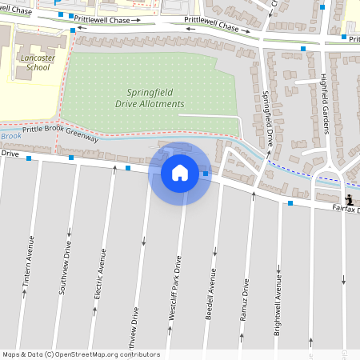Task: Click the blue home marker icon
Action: point(180,173)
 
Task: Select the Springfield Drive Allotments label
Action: point(155,98)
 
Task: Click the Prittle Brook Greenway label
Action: point(60,133)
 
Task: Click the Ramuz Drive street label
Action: point(246,299)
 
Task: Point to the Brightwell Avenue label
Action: point(277,304)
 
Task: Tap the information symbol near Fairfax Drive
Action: point(350,199)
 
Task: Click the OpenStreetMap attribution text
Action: point(82,354)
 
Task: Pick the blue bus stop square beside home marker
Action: point(206,174)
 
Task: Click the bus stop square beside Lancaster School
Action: point(74,30)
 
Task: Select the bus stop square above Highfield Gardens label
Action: point(303,49)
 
